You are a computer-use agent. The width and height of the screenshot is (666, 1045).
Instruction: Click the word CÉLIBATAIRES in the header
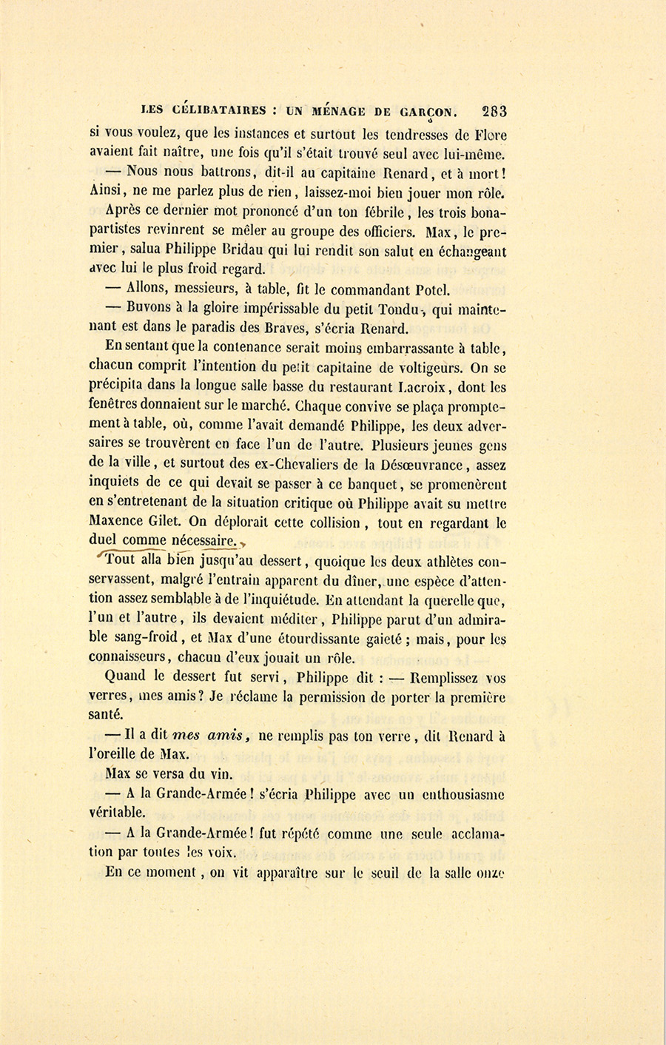coord(219,111)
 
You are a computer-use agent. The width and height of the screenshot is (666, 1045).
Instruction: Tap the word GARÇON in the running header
coord(425,112)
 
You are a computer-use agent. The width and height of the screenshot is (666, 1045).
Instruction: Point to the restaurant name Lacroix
coord(423,387)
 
